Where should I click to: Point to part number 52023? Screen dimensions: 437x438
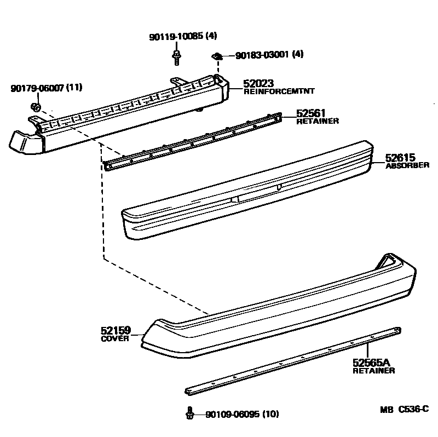(x=258, y=83)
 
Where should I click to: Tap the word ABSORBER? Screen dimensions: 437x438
(x=407, y=165)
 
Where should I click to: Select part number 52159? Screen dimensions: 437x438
(x=116, y=330)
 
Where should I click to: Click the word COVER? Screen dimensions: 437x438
(x=115, y=338)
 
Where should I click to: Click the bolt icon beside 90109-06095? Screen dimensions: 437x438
(x=189, y=413)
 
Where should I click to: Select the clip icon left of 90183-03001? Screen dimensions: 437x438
(x=217, y=55)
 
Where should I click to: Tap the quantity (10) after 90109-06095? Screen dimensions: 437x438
(x=270, y=414)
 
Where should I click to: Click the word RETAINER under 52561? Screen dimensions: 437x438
(x=318, y=121)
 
